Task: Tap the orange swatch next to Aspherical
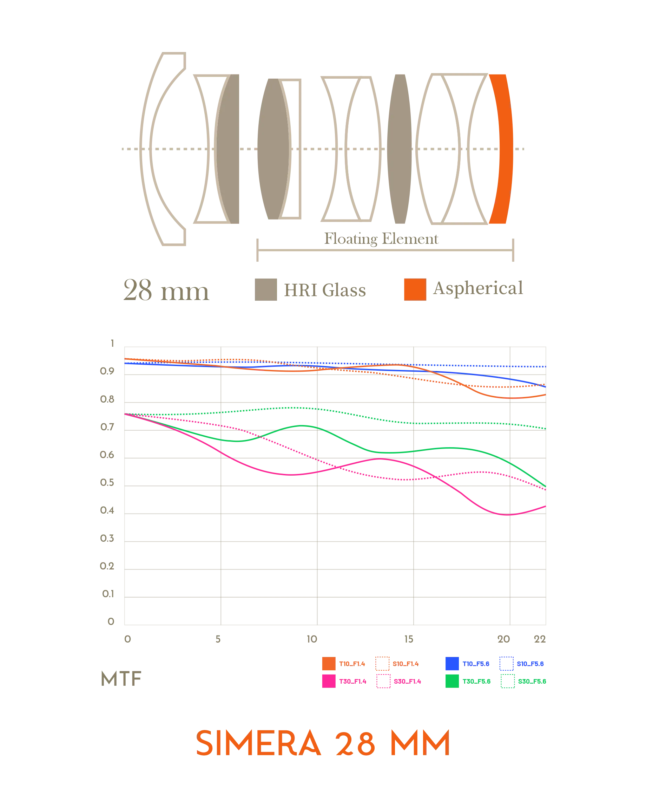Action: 415,289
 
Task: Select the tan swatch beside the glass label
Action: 265,289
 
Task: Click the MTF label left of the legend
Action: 122,678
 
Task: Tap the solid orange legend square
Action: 328,664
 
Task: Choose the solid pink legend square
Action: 328,681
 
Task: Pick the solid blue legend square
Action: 452,664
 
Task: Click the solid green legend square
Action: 452,681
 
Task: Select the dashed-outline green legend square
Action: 508,681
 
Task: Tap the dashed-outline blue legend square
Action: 506,664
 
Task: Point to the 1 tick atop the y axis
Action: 111,343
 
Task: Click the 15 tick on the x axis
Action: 410,639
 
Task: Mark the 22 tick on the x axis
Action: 540,639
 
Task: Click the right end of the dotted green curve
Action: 545,428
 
